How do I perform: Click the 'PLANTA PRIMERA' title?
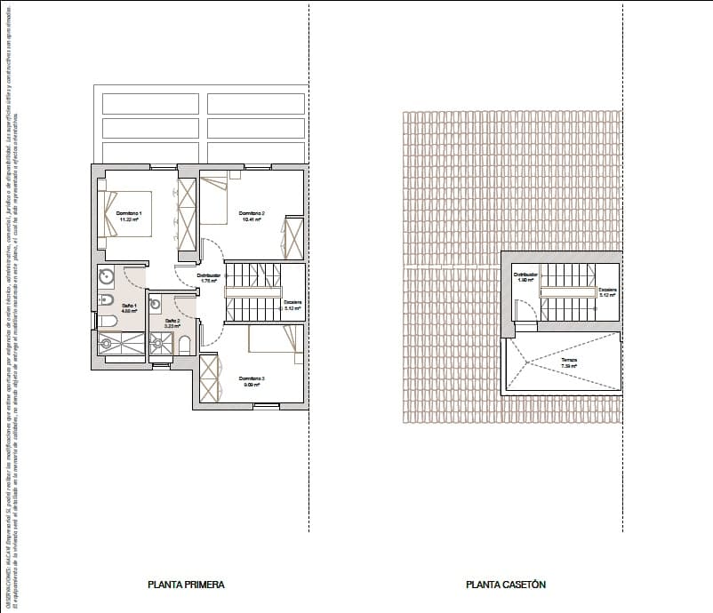pyautogui.click(x=186, y=585)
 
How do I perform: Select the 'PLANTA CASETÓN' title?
pyautogui.click(x=505, y=585)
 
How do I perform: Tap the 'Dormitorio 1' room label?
pyautogui.click(x=129, y=213)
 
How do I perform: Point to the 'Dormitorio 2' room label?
pyautogui.click(x=252, y=213)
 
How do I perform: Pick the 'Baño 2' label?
pyautogui.click(x=172, y=320)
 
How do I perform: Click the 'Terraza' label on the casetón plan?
pyautogui.click(x=569, y=360)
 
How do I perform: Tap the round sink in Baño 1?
pyautogui.click(x=106, y=276)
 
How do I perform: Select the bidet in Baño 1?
pyautogui.click(x=104, y=299)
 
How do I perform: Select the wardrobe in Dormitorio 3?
pyautogui.click(x=209, y=379)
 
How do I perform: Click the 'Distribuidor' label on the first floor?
pyautogui.click(x=209, y=276)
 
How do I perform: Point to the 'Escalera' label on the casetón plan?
pyautogui.click(x=607, y=290)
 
